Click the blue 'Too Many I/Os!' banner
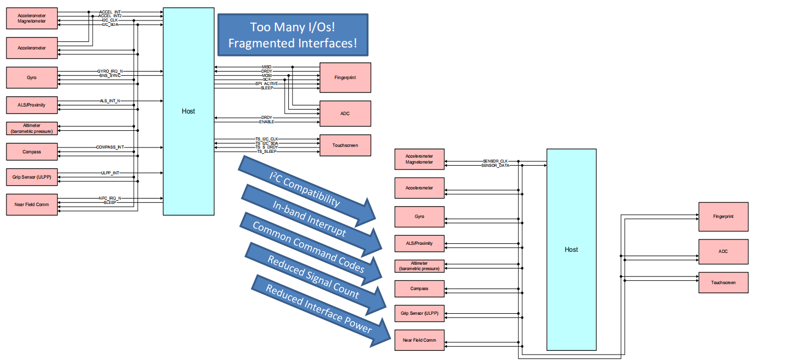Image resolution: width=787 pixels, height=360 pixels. pyautogui.click(x=293, y=35)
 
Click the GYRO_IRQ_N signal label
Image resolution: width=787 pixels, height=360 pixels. pyautogui.click(x=110, y=71)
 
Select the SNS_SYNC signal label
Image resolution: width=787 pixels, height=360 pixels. pyautogui.click(x=110, y=76)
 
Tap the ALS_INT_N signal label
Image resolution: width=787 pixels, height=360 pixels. pyautogui.click(x=110, y=101)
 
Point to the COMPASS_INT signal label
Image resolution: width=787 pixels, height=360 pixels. pyautogui.click(x=110, y=147)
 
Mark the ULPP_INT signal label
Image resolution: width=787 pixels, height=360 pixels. pyautogui.click(x=110, y=173)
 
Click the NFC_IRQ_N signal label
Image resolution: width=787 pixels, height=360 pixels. pyautogui.click(x=110, y=198)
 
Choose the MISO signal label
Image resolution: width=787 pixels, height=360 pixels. pyautogui.click(x=267, y=67)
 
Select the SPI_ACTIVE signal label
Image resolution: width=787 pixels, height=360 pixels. pyautogui.click(x=267, y=83)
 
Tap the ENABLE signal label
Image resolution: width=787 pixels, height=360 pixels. pyautogui.click(x=267, y=122)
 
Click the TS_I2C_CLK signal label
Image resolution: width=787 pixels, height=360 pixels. pyautogui.click(x=267, y=139)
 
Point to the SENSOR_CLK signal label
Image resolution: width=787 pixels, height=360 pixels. pyautogui.click(x=495, y=161)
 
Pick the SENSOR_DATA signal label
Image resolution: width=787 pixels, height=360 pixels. pyautogui.click(x=495, y=166)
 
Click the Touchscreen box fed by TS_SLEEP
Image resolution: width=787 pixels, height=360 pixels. pyautogui.click(x=345, y=145)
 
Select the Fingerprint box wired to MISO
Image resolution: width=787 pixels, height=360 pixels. pyautogui.click(x=345, y=77)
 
